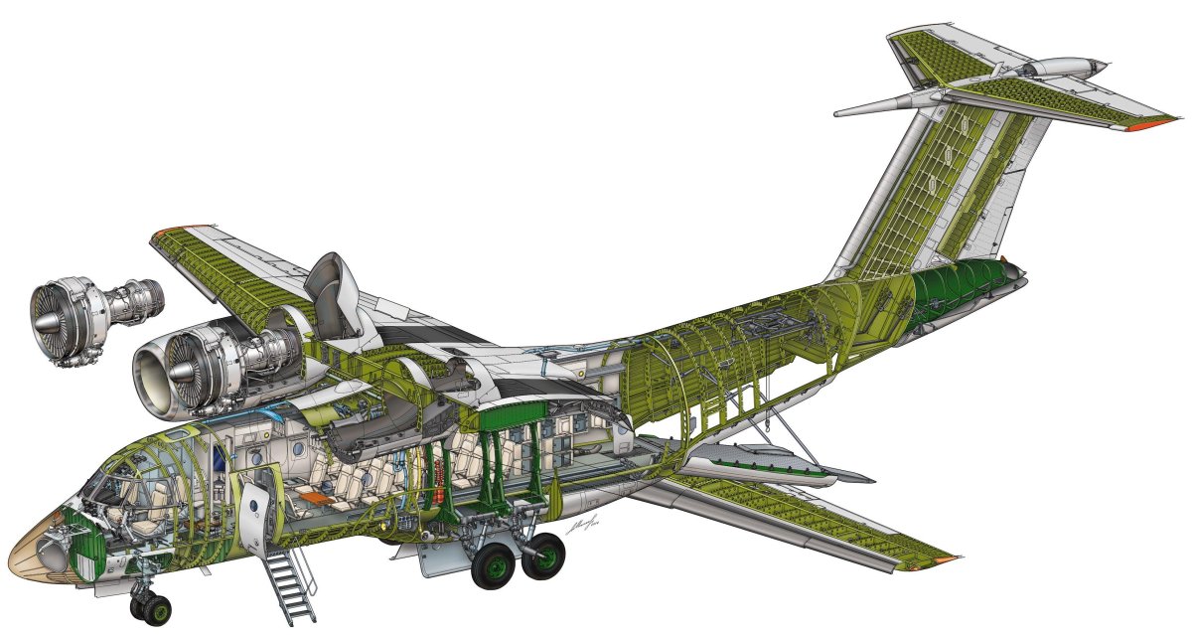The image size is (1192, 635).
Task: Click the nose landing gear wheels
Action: coord(148,604)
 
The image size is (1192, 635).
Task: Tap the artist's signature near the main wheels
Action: coord(581,530)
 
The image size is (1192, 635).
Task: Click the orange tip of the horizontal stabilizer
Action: coord(1158,122)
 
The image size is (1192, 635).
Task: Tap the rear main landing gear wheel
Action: coord(543,556)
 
